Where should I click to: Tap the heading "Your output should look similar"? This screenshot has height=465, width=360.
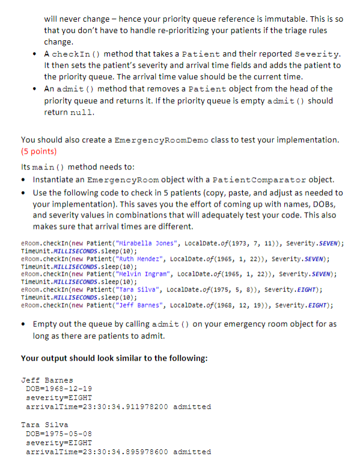point(114,359)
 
